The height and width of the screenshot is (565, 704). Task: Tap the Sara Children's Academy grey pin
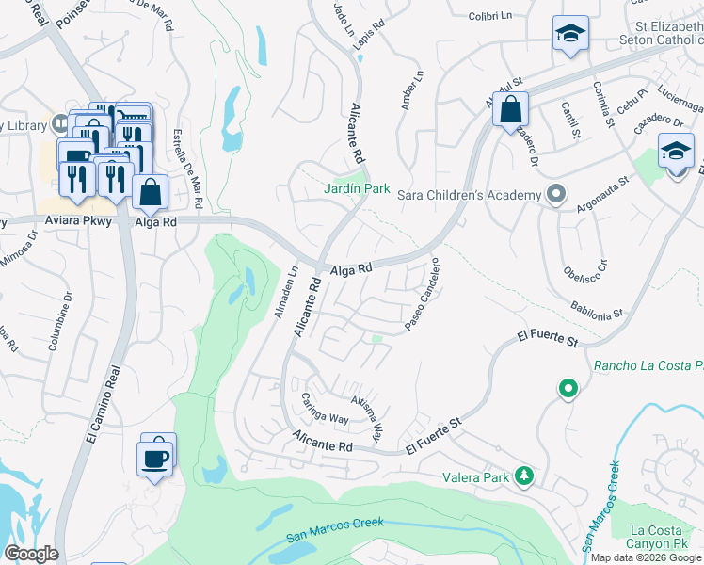pos(555,195)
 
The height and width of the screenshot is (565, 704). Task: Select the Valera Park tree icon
pos(524,477)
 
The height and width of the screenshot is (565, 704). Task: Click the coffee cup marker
pos(156,458)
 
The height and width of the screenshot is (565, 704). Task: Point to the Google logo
pos(31,554)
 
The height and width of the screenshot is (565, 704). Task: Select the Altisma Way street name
pos(368,413)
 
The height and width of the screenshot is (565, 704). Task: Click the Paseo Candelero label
pos(423,295)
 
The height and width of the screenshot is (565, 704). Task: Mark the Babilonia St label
pos(598,309)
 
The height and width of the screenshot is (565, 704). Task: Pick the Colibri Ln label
pos(472,14)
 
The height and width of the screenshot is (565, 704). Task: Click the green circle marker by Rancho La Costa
pos(568,388)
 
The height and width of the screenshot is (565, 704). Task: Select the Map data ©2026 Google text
pos(646,557)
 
